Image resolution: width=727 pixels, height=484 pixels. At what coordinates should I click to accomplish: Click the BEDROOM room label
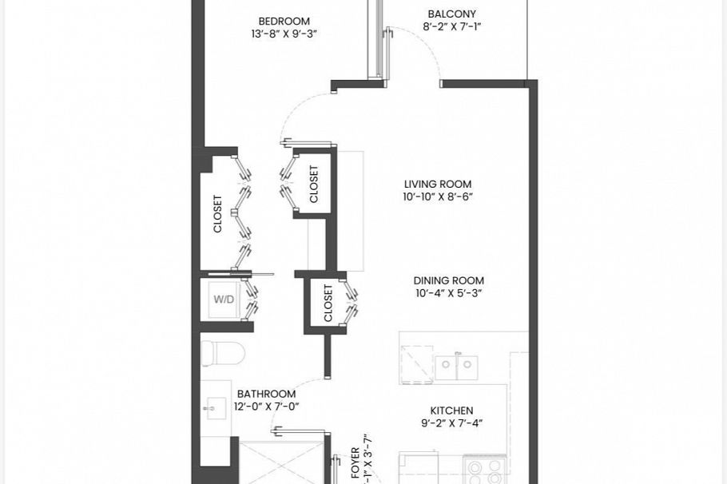coord(284,22)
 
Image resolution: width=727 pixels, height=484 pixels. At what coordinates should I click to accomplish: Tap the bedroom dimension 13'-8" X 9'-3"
coord(284,34)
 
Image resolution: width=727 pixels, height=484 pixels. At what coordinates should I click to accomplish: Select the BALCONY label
coord(451,14)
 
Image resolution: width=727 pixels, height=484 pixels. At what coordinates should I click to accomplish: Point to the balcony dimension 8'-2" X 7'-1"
coord(451,27)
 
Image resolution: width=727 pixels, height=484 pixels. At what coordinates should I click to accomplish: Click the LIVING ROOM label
coord(437,184)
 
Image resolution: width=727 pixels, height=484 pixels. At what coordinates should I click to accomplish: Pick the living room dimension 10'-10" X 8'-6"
coord(439,196)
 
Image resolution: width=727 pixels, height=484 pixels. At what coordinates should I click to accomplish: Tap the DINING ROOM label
coord(448,280)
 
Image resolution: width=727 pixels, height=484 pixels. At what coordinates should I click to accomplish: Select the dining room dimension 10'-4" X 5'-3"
coord(448,293)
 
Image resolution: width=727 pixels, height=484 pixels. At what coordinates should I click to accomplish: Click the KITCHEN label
coord(451,411)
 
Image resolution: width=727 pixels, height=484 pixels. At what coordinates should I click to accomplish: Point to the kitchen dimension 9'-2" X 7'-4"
coord(451,423)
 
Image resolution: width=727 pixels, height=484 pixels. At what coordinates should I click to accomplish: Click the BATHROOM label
coord(266,394)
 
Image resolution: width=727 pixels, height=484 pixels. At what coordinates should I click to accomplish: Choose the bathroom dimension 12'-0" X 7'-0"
coord(268,407)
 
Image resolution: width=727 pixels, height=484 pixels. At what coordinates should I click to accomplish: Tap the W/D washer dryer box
coord(223,300)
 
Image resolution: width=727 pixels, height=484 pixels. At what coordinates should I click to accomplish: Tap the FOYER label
coord(356,463)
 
